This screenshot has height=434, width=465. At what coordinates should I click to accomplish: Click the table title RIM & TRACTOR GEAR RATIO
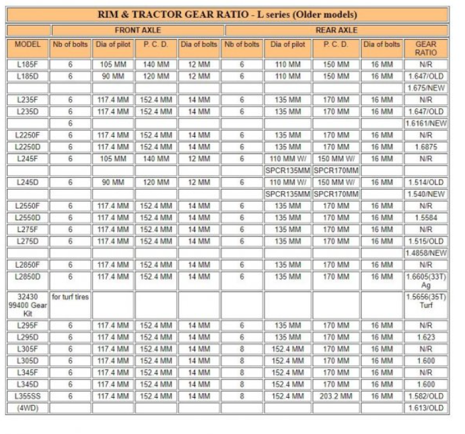pos(227,13)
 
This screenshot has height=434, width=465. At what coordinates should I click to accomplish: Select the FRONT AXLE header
pos(137,30)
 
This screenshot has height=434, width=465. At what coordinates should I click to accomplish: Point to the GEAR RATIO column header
pos(426,48)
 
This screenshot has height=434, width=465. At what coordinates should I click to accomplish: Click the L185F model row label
pos(28,65)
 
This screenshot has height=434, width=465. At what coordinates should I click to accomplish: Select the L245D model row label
pos(28,182)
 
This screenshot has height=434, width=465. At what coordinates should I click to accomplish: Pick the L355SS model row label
pos(28,396)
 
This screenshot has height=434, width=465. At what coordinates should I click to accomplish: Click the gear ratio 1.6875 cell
pos(426,147)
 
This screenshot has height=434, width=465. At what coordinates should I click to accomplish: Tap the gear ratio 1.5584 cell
pos(426,217)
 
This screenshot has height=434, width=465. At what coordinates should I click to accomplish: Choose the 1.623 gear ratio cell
pos(426,337)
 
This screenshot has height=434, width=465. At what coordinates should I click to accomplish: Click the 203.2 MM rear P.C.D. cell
pos(336,396)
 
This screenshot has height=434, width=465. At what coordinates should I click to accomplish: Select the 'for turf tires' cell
pos(70,297)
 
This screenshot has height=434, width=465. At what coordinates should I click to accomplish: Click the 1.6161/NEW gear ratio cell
pos(426,124)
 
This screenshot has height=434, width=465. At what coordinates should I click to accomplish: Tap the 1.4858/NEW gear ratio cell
pos(426,253)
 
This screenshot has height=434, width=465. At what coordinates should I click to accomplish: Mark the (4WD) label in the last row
pos(28,408)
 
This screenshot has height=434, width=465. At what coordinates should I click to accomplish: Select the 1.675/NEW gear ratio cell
pos(426,88)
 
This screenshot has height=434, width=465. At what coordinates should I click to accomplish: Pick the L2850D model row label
pos(28,277)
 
